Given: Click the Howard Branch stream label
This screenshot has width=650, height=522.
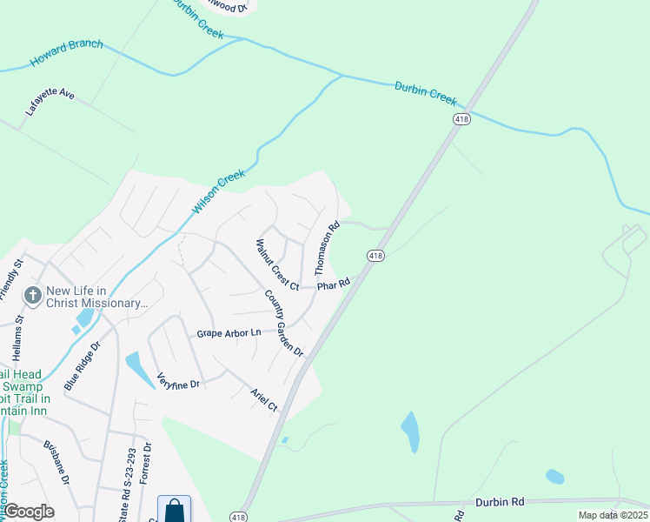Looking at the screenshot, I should click(66, 53).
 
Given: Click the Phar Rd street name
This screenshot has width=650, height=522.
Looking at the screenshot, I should click(333, 284).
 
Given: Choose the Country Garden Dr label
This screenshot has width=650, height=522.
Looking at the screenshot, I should click(283, 323).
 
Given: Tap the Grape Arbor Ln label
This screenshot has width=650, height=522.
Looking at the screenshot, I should click(229, 332).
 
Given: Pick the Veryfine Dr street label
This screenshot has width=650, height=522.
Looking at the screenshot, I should click(178, 380).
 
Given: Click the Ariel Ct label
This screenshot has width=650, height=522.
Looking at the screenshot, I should click(263, 399).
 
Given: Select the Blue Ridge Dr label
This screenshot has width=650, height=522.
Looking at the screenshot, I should click(83, 365).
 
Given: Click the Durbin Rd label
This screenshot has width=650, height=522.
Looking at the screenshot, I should click(500, 502).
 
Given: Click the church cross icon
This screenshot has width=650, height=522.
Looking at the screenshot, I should click(33, 296).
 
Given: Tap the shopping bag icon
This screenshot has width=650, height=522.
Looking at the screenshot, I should click(174, 509).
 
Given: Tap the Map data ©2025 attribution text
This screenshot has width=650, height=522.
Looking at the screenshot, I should click(612, 515).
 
